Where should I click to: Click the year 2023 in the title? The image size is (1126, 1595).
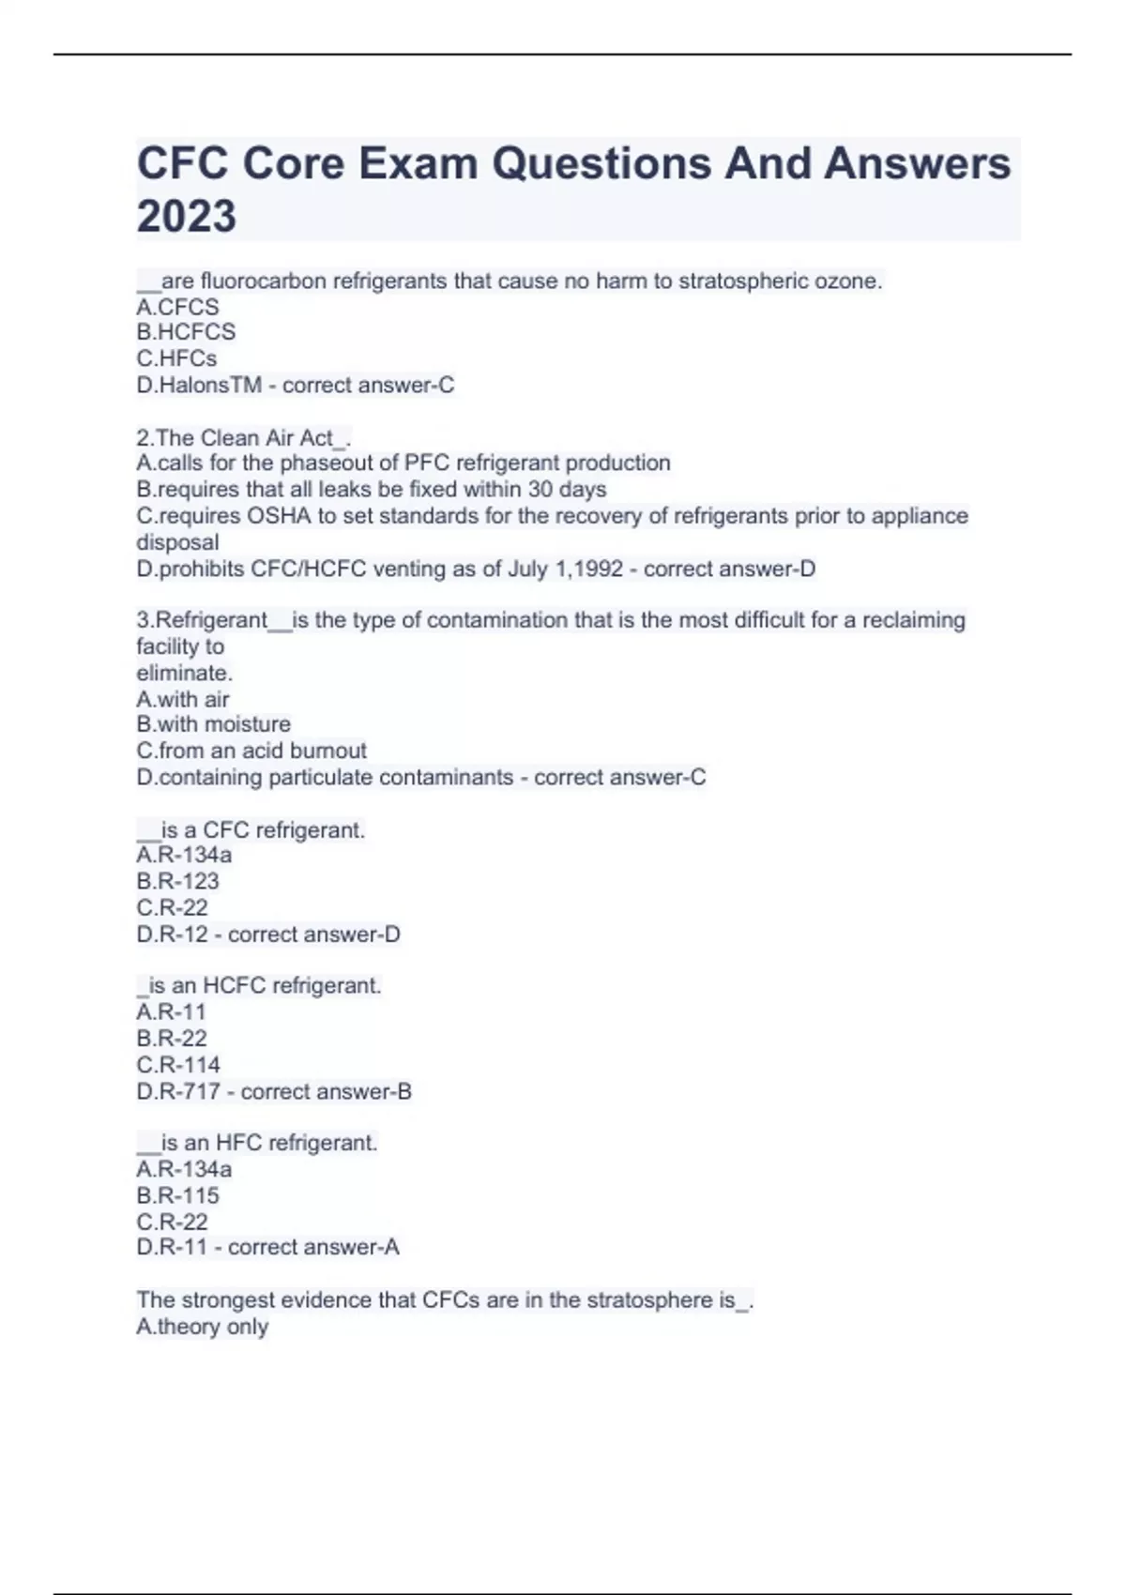[187, 216]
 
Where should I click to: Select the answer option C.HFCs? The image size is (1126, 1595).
[176, 358]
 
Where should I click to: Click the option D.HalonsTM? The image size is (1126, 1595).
[199, 385]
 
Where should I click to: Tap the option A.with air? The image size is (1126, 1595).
[183, 699]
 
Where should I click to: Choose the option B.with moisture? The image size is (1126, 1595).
[213, 724]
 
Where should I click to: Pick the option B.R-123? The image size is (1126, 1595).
[177, 881]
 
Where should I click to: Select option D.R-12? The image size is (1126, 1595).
[172, 934]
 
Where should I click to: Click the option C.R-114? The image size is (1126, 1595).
[178, 1065]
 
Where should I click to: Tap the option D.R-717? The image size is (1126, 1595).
[178, 1091]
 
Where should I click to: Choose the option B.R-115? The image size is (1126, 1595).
[177, 1195]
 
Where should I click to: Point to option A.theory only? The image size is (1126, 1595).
[203, 1327]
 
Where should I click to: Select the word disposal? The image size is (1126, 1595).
[177, 542]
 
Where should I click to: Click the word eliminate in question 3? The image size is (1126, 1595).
[184, 673]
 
